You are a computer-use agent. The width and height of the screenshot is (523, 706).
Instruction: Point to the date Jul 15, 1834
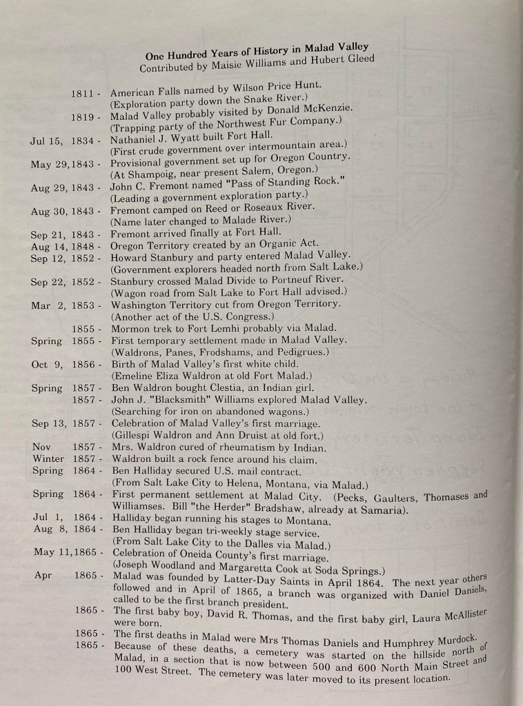(x=62, y=141)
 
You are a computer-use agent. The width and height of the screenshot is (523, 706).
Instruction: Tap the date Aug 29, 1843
(x=63, y=188)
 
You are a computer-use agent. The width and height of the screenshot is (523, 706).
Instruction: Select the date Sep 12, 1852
(x=63, y=259)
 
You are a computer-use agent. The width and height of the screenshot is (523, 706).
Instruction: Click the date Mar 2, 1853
(x=63, y=305)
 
